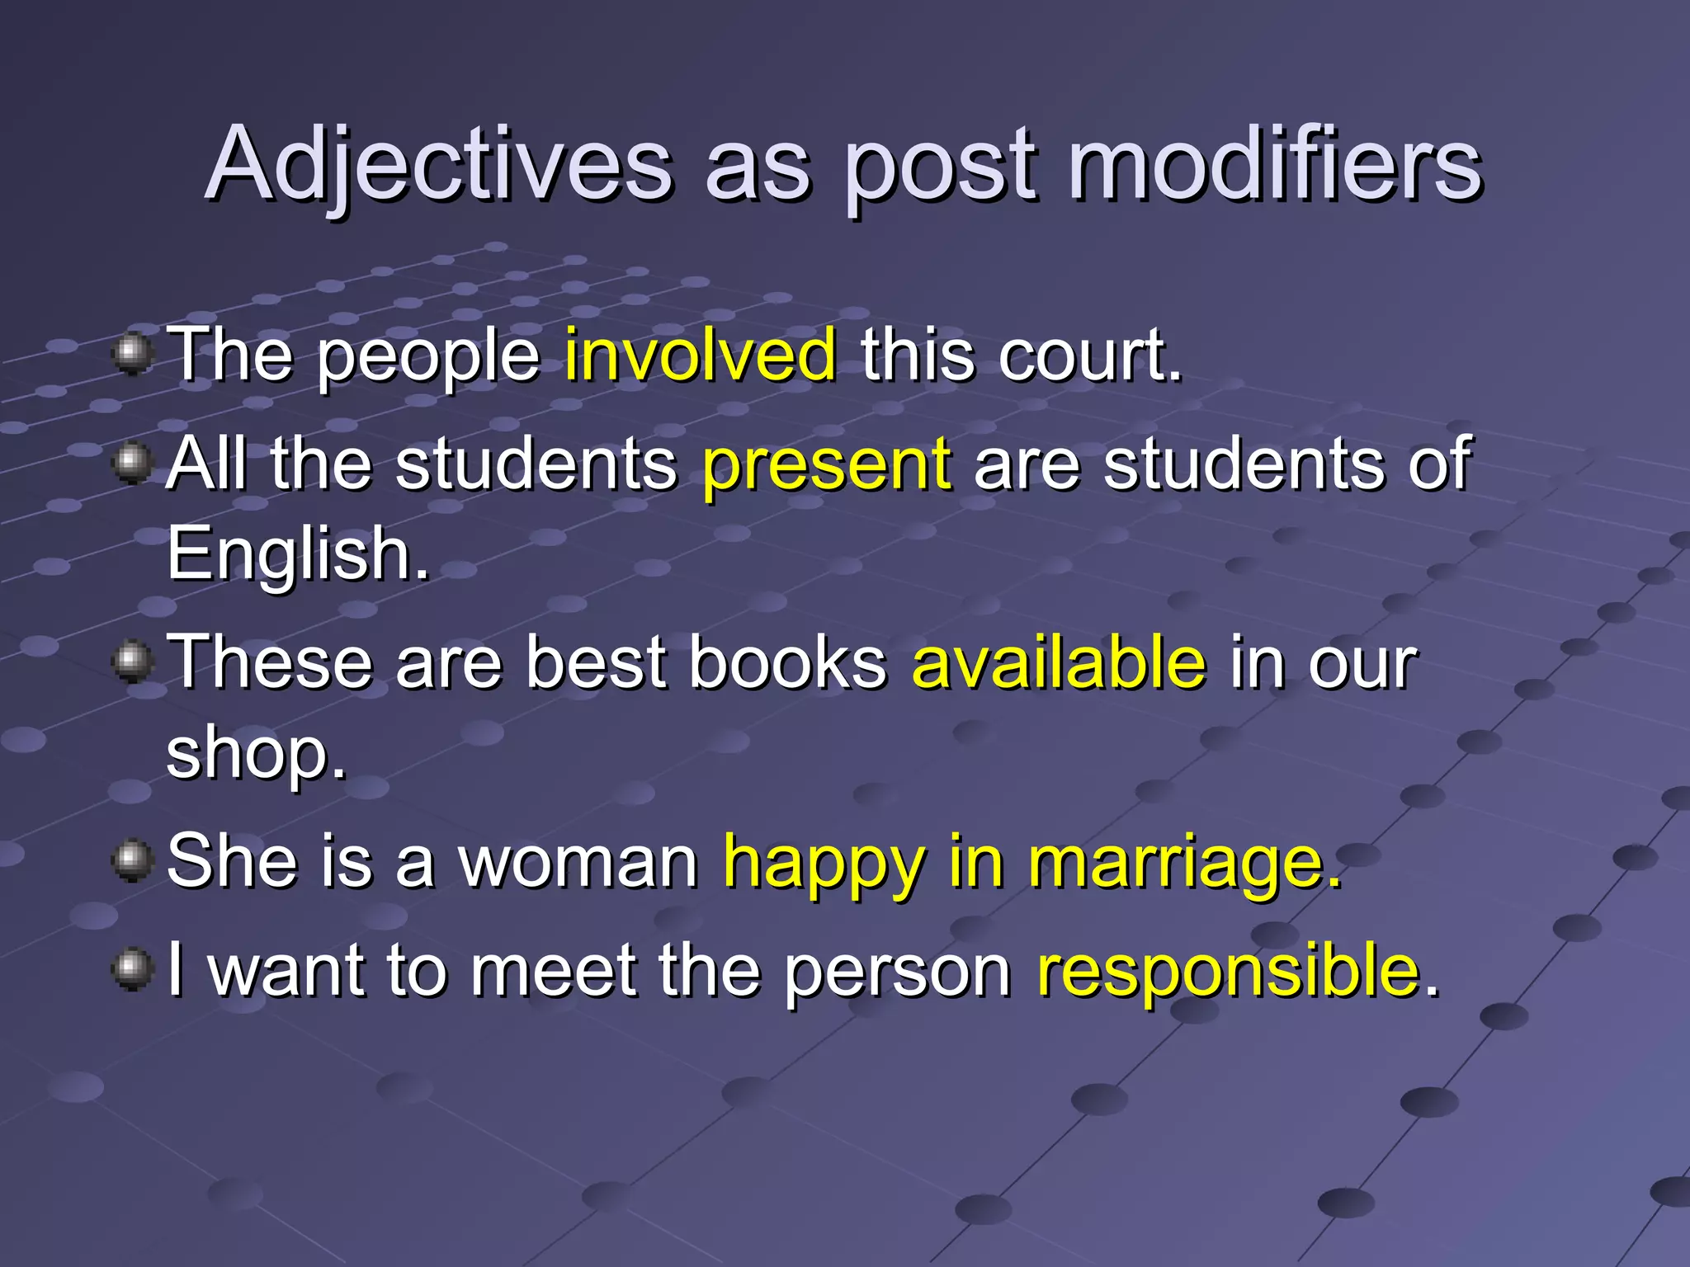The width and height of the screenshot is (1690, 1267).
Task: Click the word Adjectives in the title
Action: pos(438,165)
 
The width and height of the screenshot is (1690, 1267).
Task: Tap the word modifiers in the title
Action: pos(1275,165)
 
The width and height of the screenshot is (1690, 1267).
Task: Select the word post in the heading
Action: pos(941,169)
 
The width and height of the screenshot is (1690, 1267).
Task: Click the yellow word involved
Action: pos(701,355)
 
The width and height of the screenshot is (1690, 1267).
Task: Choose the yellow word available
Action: pos(1059,662)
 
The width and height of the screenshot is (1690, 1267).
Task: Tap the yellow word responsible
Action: pos(1228,970)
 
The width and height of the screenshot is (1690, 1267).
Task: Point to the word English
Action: pos(297,554)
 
